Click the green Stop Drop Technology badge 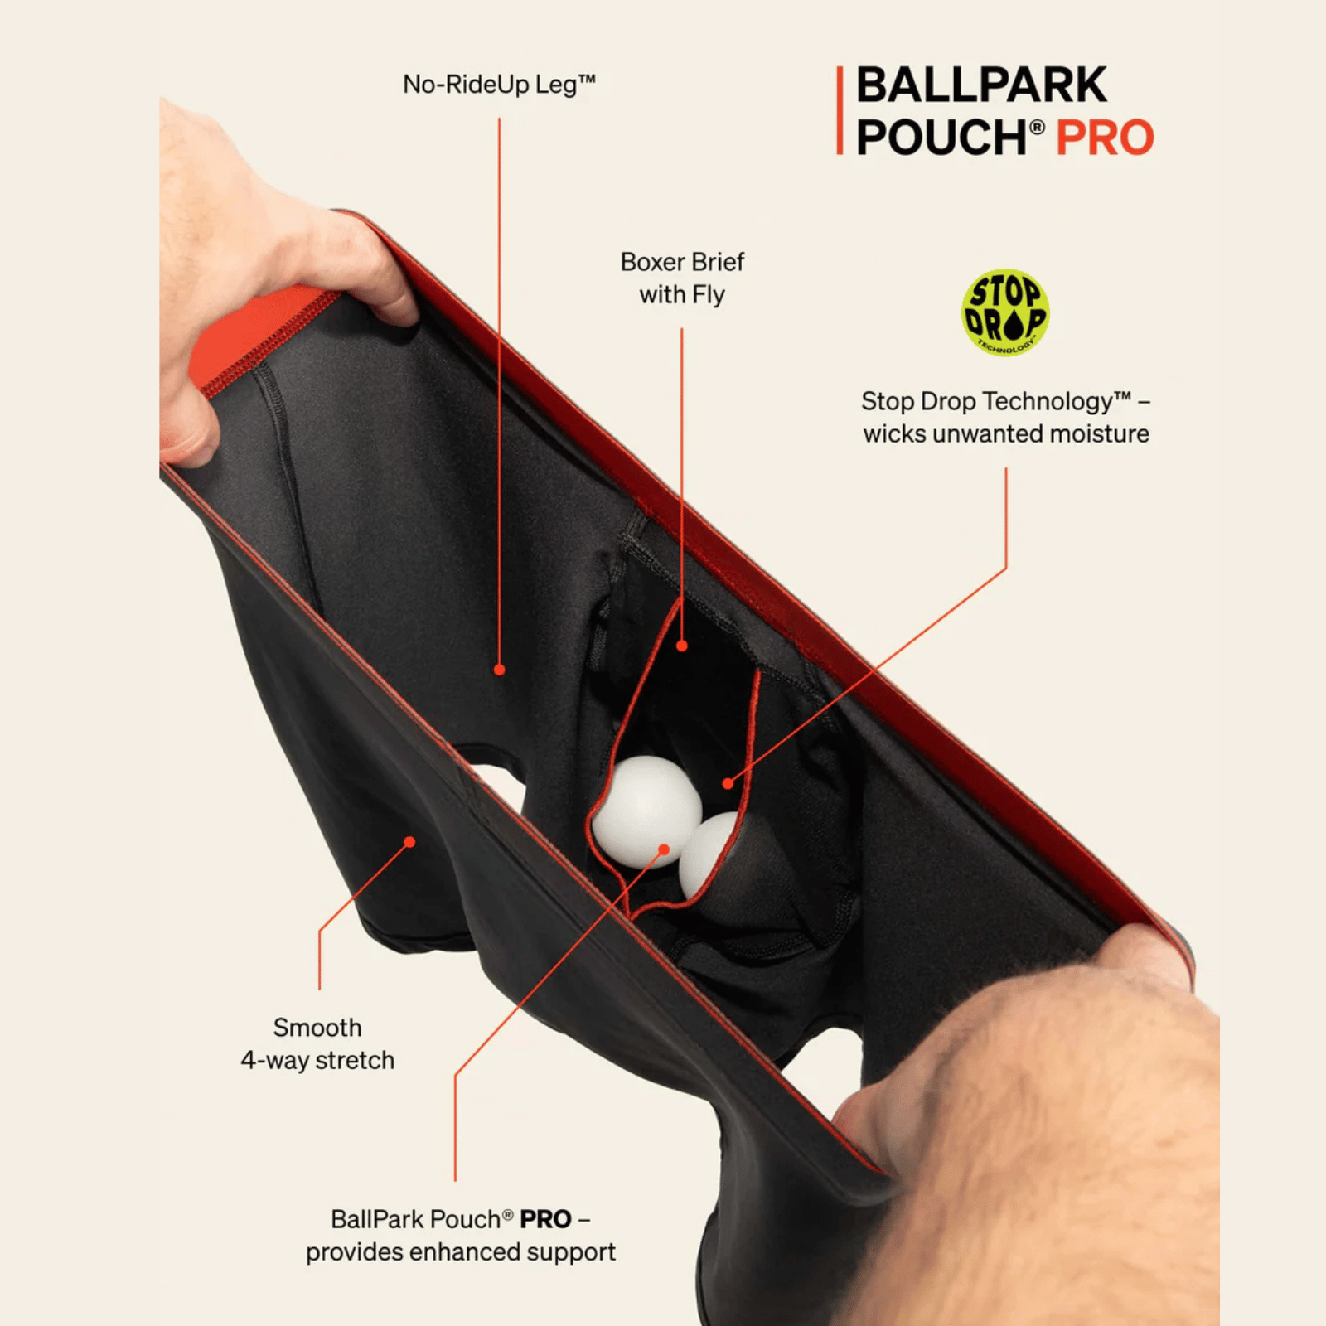tap(1005, 312)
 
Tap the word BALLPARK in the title tap(981, 85)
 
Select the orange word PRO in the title tap(1105, 138)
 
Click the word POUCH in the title tap(941, 138)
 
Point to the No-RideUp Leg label tap(499, 85)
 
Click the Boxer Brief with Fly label tap(682, 278)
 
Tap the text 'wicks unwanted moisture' tap(1006, 434)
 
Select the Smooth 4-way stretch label tap(317, 1044)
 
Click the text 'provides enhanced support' tap(460, 1252)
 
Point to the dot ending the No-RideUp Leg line tap(499, 670)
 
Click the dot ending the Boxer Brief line tap(682, 646)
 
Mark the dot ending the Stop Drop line tap(728, 783)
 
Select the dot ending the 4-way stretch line tap(409, 842)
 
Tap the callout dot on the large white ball tap(664, 849)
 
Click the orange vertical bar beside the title tap(840, 110)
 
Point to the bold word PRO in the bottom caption tap(545, 1220)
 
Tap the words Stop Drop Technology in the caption tap(996, 402)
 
